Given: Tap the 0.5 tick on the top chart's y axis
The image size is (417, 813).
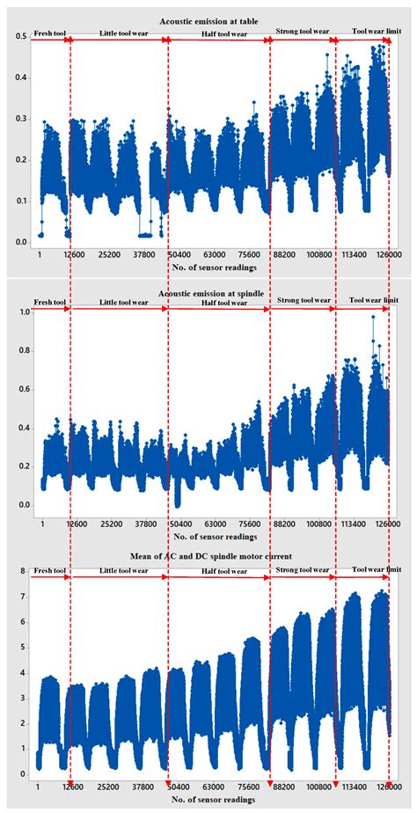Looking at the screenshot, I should [x=19, y=37].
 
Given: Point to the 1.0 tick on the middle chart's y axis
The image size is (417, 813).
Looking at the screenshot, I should [x=19, y=312].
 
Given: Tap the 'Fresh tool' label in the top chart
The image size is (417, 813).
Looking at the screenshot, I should [x=49, y=33].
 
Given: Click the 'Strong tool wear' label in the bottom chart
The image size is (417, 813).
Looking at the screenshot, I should [x=303, y=570].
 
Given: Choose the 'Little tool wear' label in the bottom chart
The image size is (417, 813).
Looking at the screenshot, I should [x=117, y=572].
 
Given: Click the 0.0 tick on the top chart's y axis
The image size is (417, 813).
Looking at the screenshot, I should [x=19, y=242].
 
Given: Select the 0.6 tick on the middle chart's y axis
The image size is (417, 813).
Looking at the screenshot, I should [x=19, y=389].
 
